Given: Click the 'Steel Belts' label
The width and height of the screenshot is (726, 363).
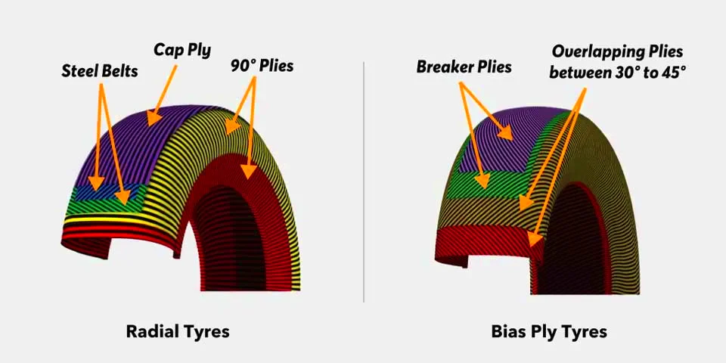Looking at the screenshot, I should click(100, 72).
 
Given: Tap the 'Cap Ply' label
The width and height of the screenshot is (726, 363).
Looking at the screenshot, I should click(182, 50).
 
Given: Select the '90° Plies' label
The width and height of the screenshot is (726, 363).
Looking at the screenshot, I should click(262, 66).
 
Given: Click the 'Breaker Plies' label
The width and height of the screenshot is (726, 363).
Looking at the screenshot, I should click(464, 67).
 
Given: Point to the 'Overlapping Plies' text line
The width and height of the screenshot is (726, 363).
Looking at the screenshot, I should click(617, 51).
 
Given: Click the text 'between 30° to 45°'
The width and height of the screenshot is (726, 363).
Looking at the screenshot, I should click(617, 73).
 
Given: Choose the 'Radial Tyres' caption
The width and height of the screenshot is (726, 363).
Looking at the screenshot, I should click(177, 331).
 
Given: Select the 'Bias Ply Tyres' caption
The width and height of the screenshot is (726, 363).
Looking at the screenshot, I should click(549, 331).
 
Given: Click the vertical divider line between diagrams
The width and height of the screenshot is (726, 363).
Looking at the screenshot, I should click(364, 181).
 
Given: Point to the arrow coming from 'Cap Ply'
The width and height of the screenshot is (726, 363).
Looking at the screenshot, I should click(162, 95).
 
